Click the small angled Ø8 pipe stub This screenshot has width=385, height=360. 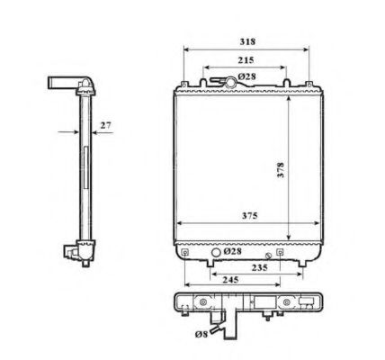(x=216, y=328)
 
